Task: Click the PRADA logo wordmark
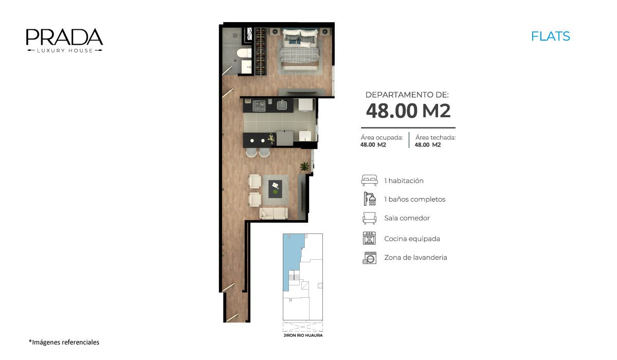click(64, 37)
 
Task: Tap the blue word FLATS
click(550, 37)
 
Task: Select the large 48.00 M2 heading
click(408, 111)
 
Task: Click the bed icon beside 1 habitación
click(369, 181)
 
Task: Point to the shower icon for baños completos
click(370, 199)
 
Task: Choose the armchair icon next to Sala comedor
click(369, 218)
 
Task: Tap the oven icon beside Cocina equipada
click(369, 238)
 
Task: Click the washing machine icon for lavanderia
click(370, 258)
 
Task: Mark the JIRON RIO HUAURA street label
click(303, 335)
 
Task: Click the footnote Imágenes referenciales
click(64, 342)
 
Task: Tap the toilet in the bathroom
click(245, 53)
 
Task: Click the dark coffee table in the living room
click(276, 189)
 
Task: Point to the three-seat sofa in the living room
click(274, 213)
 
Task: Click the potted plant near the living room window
click(304, 166)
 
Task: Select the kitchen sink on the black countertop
click(282, 105)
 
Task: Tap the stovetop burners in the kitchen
click(259, 106)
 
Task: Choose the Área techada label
click(435, 137)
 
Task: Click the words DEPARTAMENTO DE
click(407, 95)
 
